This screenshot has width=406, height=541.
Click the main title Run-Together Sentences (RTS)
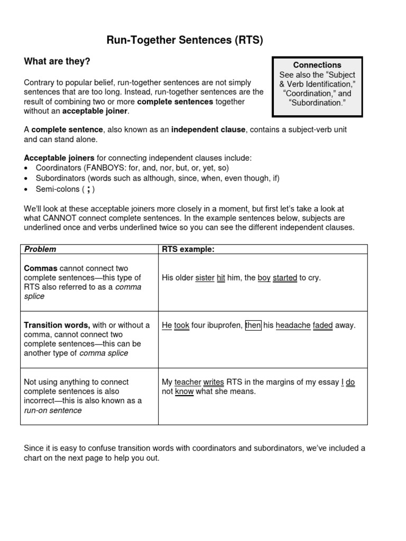point(185,40)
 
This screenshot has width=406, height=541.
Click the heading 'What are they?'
point(57,62)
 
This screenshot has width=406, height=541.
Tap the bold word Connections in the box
point(317,65)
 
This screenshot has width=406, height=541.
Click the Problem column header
point(41,249)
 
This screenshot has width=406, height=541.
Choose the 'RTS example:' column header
point(188,249)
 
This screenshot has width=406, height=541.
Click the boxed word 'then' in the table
point(253,325)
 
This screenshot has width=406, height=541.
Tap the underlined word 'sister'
point(205,278)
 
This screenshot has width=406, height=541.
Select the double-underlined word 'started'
point(284,278)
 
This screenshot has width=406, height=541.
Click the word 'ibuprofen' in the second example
point(226,325)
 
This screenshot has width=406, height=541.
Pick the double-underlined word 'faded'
point(322,325)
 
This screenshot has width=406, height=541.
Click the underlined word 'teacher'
point(188,382)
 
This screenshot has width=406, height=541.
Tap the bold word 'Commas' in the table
point(41,268)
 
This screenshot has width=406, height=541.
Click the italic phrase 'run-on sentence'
point(53,411)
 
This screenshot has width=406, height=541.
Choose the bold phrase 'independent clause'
point(208,129)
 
